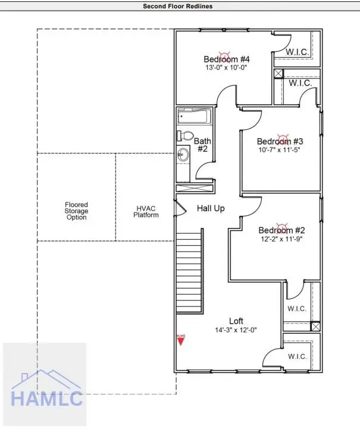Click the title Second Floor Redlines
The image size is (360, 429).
click(177, 6)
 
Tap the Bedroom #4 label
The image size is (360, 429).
click(226, 60)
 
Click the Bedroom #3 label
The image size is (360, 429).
click(280, 141)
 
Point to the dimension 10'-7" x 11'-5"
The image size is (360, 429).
click(280, 150)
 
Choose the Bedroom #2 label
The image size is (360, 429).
click(281, 230)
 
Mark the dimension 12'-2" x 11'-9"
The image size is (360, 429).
click(281, 239)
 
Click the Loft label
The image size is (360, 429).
click(236, 321)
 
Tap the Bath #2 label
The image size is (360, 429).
click(201, 145)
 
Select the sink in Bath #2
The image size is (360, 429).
click(183, 156)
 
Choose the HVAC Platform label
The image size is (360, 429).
click(146, 212)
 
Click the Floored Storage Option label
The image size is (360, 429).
click(76, 211)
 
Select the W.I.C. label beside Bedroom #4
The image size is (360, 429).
click(297, 52)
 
